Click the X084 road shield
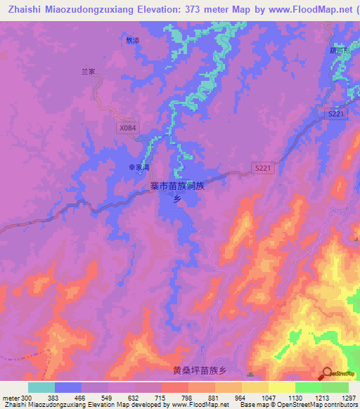click(127, 128)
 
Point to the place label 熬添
click(132, 40)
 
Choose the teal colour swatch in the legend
click(41, 387)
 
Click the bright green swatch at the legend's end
click(335, 387)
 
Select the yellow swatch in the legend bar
click(282, 387)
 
